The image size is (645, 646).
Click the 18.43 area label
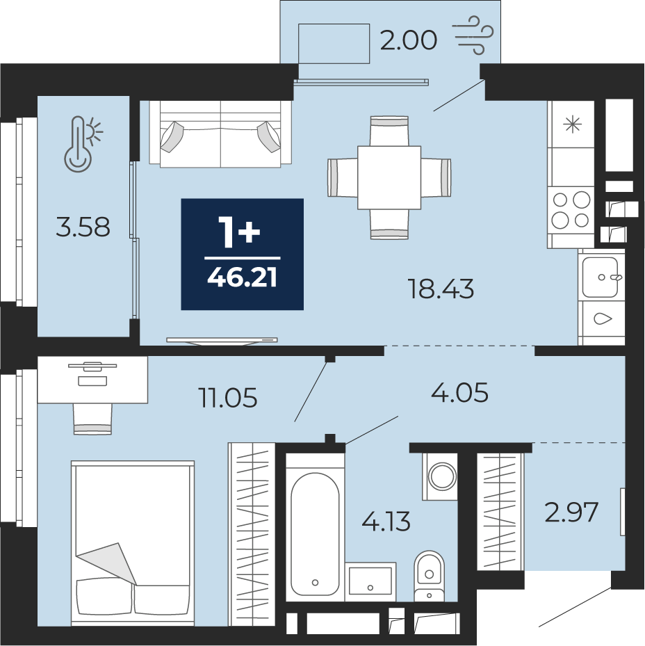point(440,289)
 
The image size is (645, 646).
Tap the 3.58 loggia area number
point(83,227)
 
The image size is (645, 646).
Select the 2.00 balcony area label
point(408,40)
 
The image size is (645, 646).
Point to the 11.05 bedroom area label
point(228,398)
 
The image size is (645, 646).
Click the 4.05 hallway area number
point(459,391)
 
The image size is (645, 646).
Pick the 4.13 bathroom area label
point(386,521)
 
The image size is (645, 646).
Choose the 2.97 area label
point(571,512)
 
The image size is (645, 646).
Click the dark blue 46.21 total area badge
point(242,254)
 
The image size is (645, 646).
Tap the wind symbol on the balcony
point(473,35)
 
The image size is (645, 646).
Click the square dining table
point(389,177)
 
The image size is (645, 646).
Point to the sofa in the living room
point(220,134)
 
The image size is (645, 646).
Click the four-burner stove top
point(571,210)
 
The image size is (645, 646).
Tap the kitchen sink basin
point(599,277)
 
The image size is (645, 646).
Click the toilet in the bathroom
point(429,576)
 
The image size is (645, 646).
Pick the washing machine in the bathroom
point(440,476)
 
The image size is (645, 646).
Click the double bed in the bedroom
point(132,543)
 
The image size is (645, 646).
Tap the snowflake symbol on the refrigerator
point(573,124)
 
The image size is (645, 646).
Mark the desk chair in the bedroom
point(92,419)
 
